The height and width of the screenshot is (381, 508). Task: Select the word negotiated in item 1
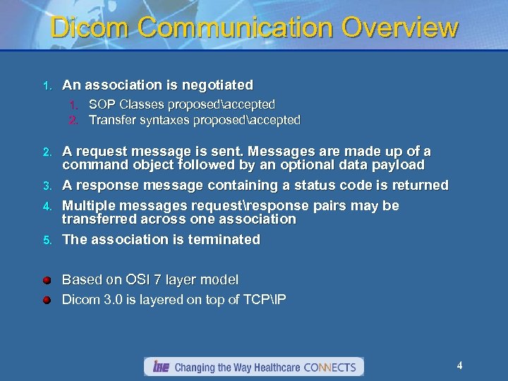(217, 85)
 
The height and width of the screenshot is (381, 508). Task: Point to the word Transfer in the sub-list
(110, 120)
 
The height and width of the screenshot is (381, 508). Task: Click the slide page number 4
(459, 365)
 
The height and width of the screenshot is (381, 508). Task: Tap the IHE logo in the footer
(160, 367)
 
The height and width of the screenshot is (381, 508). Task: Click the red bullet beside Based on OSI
(47, 280)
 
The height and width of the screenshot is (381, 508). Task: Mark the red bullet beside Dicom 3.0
(47, 300)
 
